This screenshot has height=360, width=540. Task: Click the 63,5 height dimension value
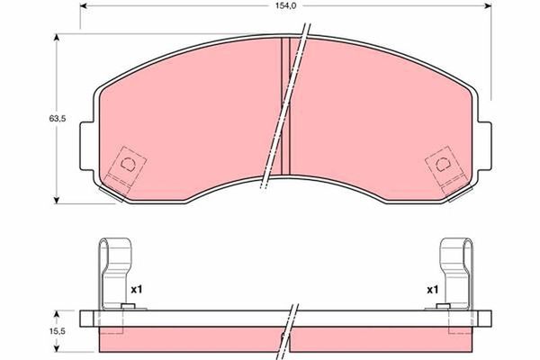point(58,119)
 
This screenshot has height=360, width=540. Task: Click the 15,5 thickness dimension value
point(58,331)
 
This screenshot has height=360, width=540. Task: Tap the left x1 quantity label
point(137,290)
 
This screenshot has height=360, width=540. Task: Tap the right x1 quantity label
point(433,290)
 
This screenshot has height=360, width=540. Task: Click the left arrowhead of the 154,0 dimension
point(84,6)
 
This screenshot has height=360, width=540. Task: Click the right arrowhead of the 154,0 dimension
point(487,6)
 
